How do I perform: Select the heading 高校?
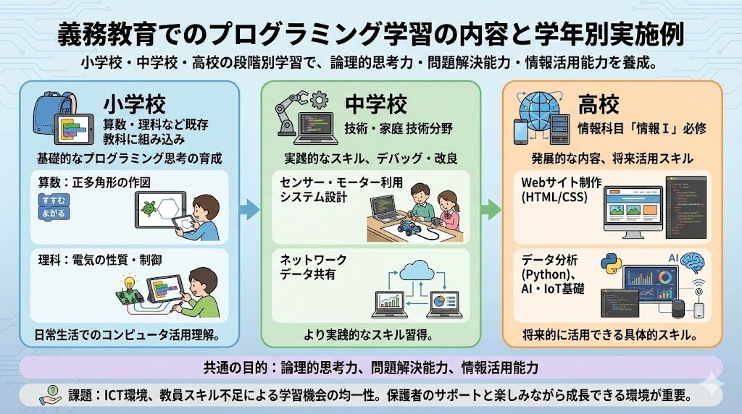pos(599,105)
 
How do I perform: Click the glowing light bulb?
pos(131,284)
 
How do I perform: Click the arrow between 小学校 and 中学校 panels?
pos(249,210)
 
